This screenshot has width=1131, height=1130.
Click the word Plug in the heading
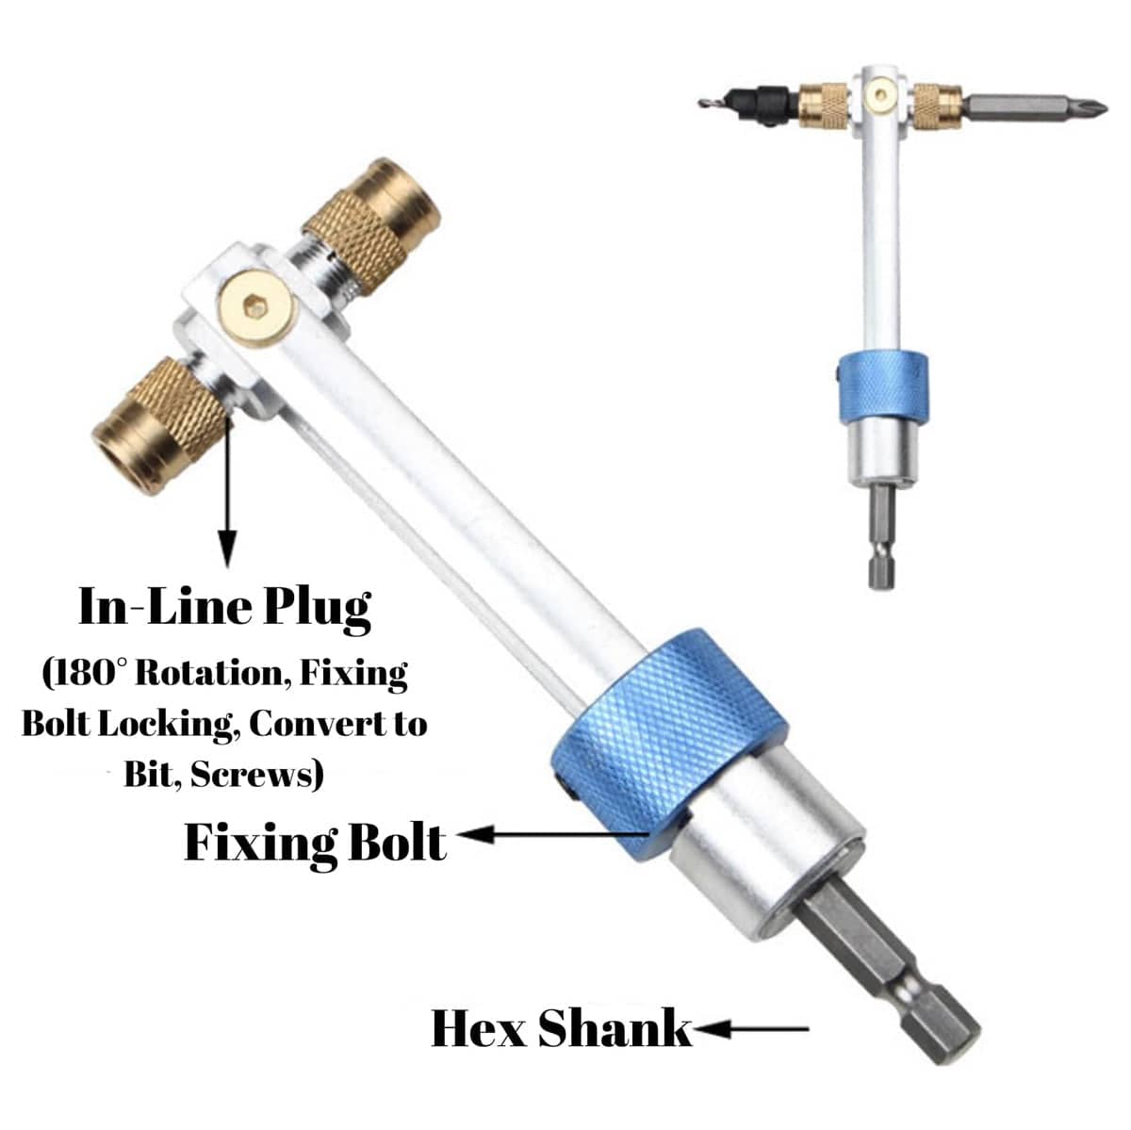(x=316, y=610)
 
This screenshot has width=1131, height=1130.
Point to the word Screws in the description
(x=257, y=775)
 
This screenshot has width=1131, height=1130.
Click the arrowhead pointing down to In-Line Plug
(x=227, y=548)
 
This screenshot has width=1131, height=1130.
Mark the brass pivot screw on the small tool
(x=879, y=92)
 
